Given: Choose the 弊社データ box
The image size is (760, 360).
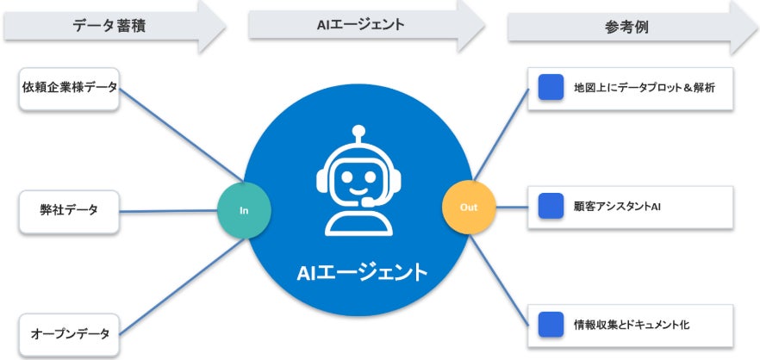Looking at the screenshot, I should pos(70,208).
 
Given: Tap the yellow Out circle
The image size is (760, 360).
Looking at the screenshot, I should pos(467,208).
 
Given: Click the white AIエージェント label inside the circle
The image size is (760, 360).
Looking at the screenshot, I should pos(362,274).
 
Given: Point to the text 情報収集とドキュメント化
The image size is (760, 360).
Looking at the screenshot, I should pos(632,326).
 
